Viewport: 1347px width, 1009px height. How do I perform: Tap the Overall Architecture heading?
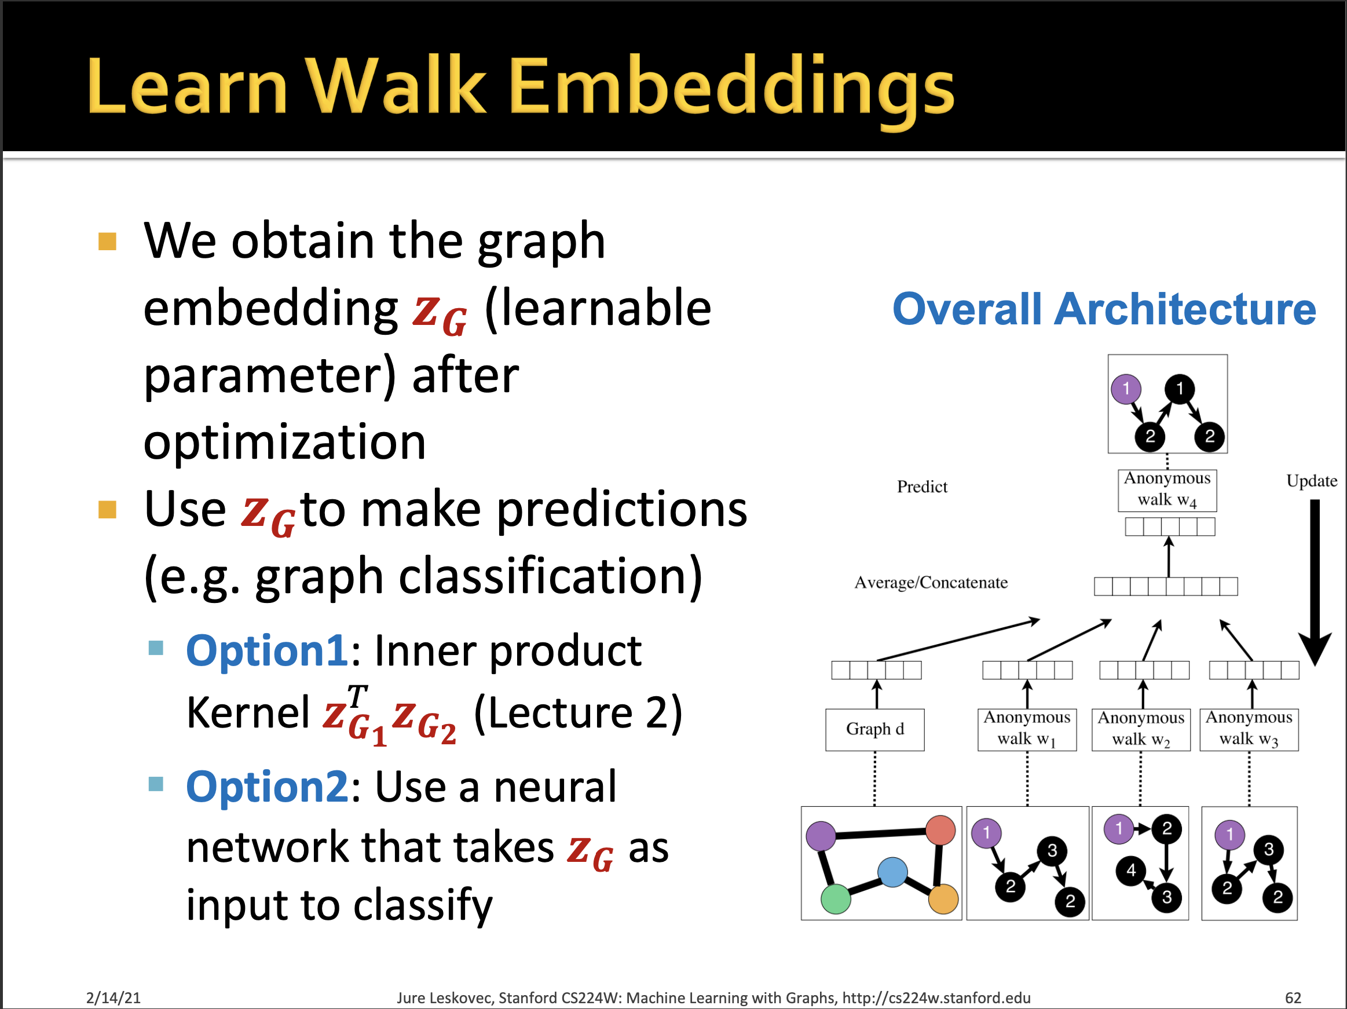click(1103, 309)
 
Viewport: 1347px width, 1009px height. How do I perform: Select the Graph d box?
click(874, 729)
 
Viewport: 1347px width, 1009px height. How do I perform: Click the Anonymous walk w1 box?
click(1027, 729)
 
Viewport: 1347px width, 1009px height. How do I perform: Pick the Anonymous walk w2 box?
click(1141, 729)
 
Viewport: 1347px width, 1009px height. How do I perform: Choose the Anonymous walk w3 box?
click(1249, 729)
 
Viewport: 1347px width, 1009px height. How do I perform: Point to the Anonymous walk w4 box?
click(1167, 489)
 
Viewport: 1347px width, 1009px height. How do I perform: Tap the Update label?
click(1311, 481)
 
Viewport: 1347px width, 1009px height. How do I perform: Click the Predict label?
click(922, 487)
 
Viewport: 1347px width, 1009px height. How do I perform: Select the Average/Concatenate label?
click(931, 583)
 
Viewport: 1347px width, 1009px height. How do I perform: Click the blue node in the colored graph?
click(892, 872)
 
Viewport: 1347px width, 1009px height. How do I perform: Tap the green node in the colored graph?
click(836, 899)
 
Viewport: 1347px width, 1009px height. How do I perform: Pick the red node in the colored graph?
click(940, 830)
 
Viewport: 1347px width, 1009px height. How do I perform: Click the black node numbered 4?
click(1131, 870)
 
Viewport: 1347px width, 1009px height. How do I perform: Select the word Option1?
click(267, 651)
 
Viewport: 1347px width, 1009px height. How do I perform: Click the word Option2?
click(267, 787)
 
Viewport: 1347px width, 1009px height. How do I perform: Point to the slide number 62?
click(1293, 997)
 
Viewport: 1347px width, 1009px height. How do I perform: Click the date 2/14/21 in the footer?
click(114, 997)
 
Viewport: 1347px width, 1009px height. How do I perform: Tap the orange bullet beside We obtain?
click(107, 242)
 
